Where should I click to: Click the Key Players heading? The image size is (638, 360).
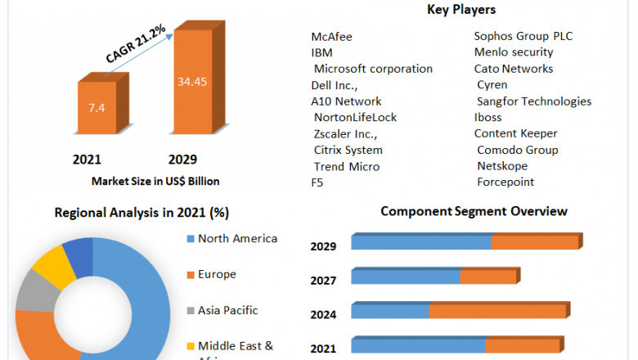point(461,10)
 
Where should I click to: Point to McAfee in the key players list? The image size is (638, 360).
point(330,37)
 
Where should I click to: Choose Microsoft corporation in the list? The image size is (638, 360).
point(373,69)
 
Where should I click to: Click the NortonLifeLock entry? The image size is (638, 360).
point(355,117)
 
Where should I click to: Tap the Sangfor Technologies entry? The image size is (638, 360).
point(534,101)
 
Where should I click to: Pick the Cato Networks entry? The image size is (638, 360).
point(514,69)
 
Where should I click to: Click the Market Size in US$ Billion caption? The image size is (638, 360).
point(155,181)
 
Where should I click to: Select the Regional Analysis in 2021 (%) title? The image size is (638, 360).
point(142,213)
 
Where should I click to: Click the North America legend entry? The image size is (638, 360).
point(237,239)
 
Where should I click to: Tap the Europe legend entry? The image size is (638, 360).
point(218,274)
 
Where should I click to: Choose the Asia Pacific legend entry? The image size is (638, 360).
point(227,310)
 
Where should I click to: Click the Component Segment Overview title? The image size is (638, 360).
point(474,211)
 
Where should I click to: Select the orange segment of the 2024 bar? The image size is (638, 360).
point(497,311)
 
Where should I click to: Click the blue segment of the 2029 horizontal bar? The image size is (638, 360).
point(420,242)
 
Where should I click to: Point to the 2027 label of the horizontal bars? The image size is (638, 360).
point(323,281)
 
